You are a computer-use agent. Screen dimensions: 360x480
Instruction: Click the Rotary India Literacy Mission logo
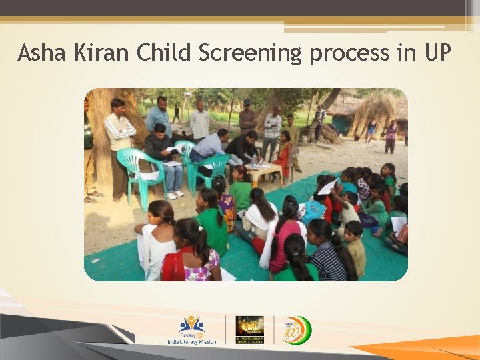coord(191,330)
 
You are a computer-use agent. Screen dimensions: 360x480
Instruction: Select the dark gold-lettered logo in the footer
coord(250,329)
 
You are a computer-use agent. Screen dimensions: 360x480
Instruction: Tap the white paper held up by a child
coord(327,187)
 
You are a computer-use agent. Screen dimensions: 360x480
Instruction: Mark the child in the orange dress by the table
coord(284,156)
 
